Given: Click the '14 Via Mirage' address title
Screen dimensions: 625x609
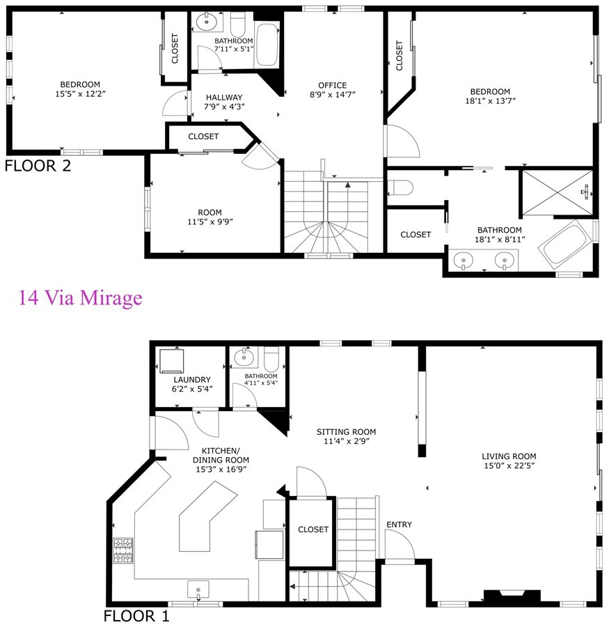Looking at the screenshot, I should click(80, 298).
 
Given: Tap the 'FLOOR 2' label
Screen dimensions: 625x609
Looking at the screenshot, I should click(37, 166).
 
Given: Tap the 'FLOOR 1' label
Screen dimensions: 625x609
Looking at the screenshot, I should click(136, 616).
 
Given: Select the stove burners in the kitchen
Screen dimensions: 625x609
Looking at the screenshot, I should click(124, 550).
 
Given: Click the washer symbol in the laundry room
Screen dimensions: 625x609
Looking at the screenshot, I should click(171, 361).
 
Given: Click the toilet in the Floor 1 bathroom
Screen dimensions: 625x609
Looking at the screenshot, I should click(271, 359).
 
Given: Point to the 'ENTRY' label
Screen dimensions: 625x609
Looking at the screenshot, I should click(400, 525).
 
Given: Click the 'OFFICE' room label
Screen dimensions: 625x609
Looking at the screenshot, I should click(332, 86).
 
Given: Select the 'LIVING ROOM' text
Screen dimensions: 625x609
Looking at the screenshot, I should click(508, 456).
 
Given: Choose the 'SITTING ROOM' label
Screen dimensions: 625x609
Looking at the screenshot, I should click(346, 431).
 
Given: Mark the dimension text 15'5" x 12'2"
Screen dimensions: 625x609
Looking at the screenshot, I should click(80, 93).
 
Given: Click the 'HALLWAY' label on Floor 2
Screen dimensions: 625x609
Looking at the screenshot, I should click(223, 98).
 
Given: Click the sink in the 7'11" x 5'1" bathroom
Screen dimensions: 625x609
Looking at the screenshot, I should click(208, 23).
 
